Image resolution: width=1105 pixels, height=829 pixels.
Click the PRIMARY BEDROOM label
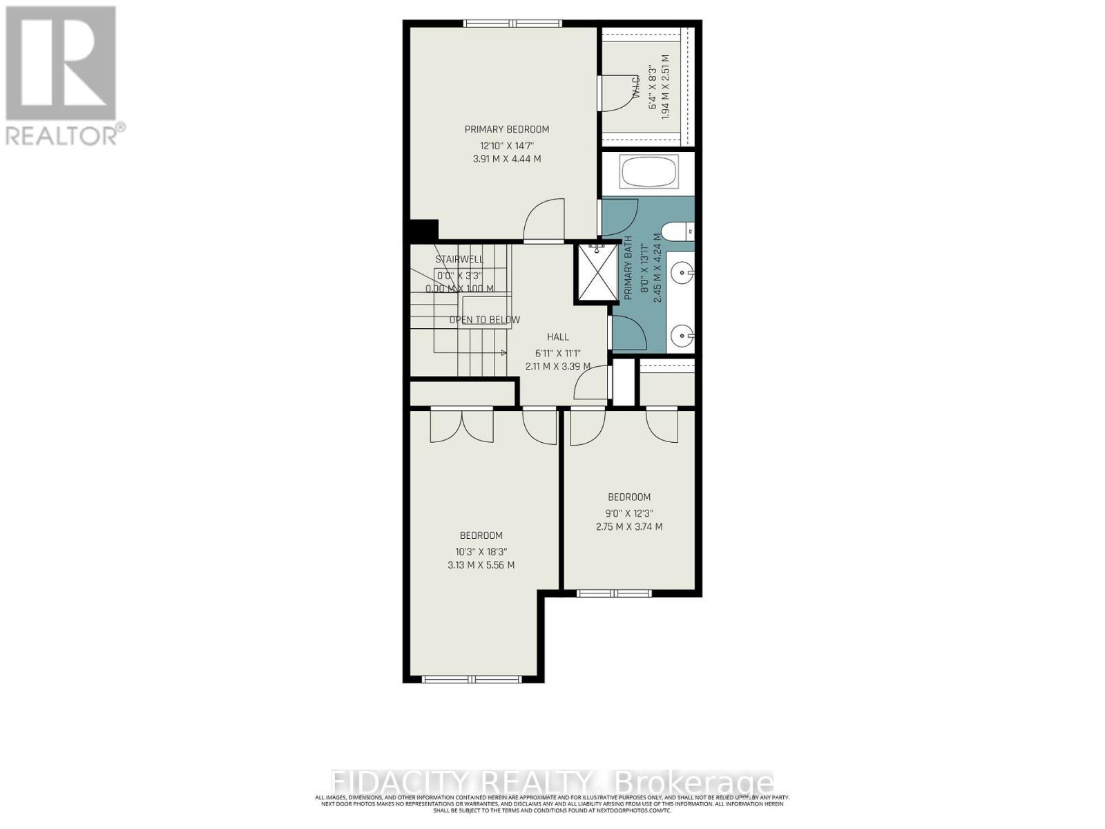[x=506, y=129]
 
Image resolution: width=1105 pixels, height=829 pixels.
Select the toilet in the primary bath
[x=677, y=231]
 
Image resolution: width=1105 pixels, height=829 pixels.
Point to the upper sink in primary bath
[x=683, y=273]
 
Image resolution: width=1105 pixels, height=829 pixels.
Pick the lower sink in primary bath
[x=683, y=337]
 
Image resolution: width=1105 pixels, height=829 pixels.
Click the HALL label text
[x=558, y=337]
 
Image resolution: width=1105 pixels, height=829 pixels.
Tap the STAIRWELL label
[x=459, y=260]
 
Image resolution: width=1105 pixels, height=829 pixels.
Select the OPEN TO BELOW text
[x=484, y=320]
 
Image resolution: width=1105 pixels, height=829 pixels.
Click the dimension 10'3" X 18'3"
[x=481, y=551]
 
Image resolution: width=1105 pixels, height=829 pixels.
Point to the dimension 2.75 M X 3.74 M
[x=628, y=526]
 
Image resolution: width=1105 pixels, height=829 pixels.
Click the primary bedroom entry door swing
[x=544, y=221]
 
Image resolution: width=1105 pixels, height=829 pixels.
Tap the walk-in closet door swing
[x=615, y=93]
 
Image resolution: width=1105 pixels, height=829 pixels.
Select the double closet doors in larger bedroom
[x=461, y=425]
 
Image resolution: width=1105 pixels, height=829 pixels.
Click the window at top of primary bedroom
[x=512, y=23]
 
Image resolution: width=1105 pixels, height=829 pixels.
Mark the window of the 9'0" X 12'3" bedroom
[x=614, y=593]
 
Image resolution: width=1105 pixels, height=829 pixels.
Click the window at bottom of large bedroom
[x=473, y=679]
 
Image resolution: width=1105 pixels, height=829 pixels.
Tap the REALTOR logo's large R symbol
[x=61, y=64]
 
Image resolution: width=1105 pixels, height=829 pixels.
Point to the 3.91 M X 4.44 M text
[x=506, y=159]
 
